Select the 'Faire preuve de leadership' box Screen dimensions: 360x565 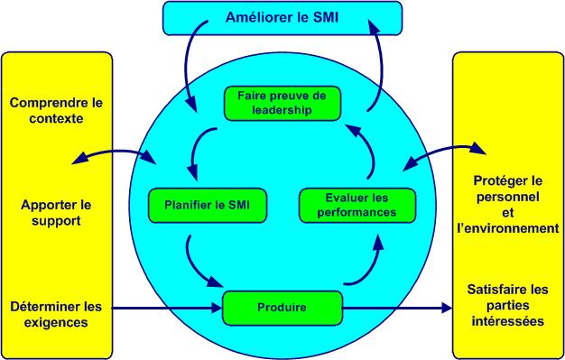282,102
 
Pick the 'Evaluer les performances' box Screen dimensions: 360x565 358,204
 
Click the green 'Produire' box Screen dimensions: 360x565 282,308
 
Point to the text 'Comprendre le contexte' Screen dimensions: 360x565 57,112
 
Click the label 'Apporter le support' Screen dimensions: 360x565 57,212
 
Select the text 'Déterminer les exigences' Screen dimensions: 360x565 57,312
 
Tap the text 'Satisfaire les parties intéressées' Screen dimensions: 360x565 507,305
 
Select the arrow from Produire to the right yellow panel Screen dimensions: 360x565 397,309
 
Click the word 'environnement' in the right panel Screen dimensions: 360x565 508,229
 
